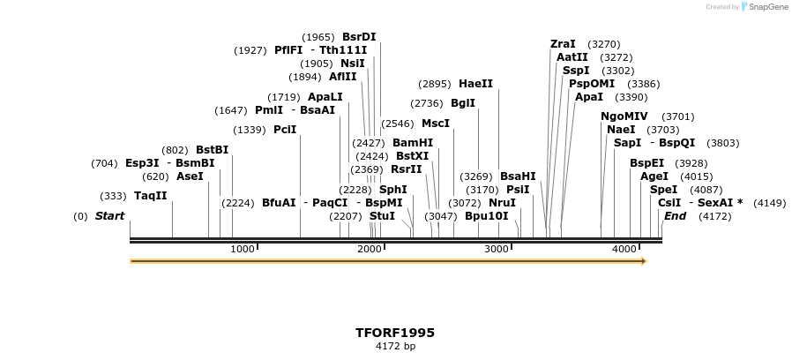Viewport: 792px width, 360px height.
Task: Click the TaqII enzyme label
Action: click(x=150, y=196)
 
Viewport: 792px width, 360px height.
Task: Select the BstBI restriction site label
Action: click(x=212, y=150)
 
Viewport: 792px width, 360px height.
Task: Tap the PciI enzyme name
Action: click(x=285, y=130)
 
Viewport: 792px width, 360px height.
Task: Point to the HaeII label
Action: click(x=475, y=84)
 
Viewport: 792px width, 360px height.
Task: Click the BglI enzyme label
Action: click(x=463, y=103)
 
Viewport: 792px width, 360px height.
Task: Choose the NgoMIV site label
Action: click(x=624, y=116)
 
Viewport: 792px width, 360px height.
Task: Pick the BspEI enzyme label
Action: click(x=646, y=163)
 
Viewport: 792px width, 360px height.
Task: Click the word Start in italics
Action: click(x=110, y=216)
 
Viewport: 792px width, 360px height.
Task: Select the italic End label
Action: click(x=675, y=216)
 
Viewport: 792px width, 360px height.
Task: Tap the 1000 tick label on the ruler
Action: click(x=243, y=250)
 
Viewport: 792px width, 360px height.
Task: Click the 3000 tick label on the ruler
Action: click(x=497, y=250)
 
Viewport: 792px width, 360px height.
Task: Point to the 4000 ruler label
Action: click(x=624, y=250)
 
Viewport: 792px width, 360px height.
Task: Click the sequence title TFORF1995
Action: click(x=395, y=333)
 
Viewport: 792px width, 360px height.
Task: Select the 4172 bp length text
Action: click(x=395, y=346)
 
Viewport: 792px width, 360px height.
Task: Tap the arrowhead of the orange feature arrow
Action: click(x=643, y=261)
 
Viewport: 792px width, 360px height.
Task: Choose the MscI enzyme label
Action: click(x=436, y=124)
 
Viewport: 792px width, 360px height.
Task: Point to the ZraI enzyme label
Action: click(x=563, y=44)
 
